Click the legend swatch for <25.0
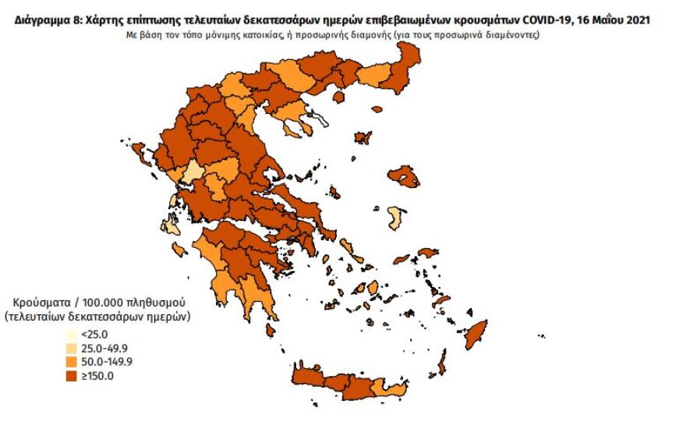(72, 335)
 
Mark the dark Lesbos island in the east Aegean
(403, 176)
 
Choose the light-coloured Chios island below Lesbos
(397, 218)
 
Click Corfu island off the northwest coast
(122, 140)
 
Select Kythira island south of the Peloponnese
(270, 330)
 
